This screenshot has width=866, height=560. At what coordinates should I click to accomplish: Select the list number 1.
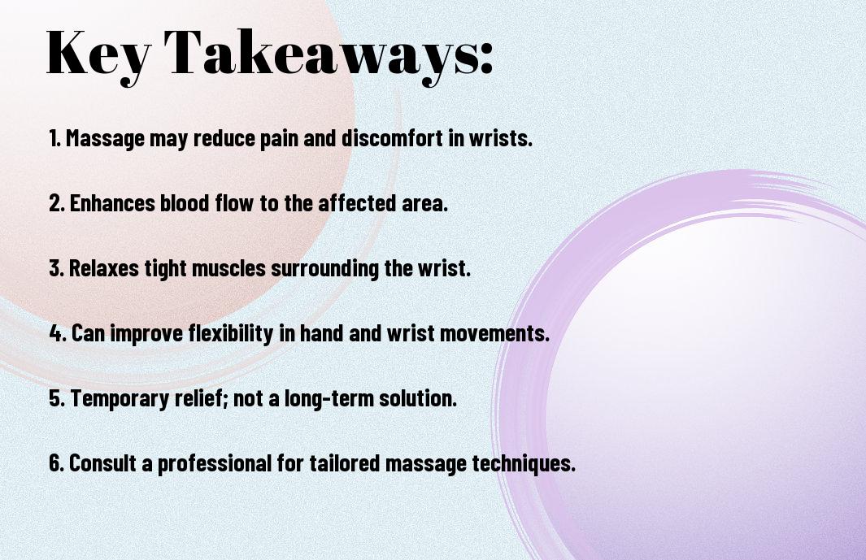click(x=54, y=138)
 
